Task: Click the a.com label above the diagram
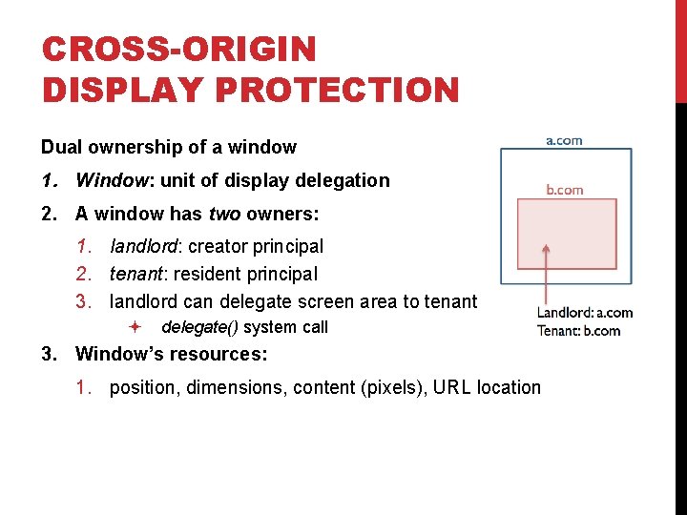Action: tap(563, 140)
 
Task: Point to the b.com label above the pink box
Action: tap(564, 189)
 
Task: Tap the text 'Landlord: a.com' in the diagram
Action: tap(584, 313)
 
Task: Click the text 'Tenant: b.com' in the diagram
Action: tap(578, 331)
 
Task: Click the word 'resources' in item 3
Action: tap(218, 355)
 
